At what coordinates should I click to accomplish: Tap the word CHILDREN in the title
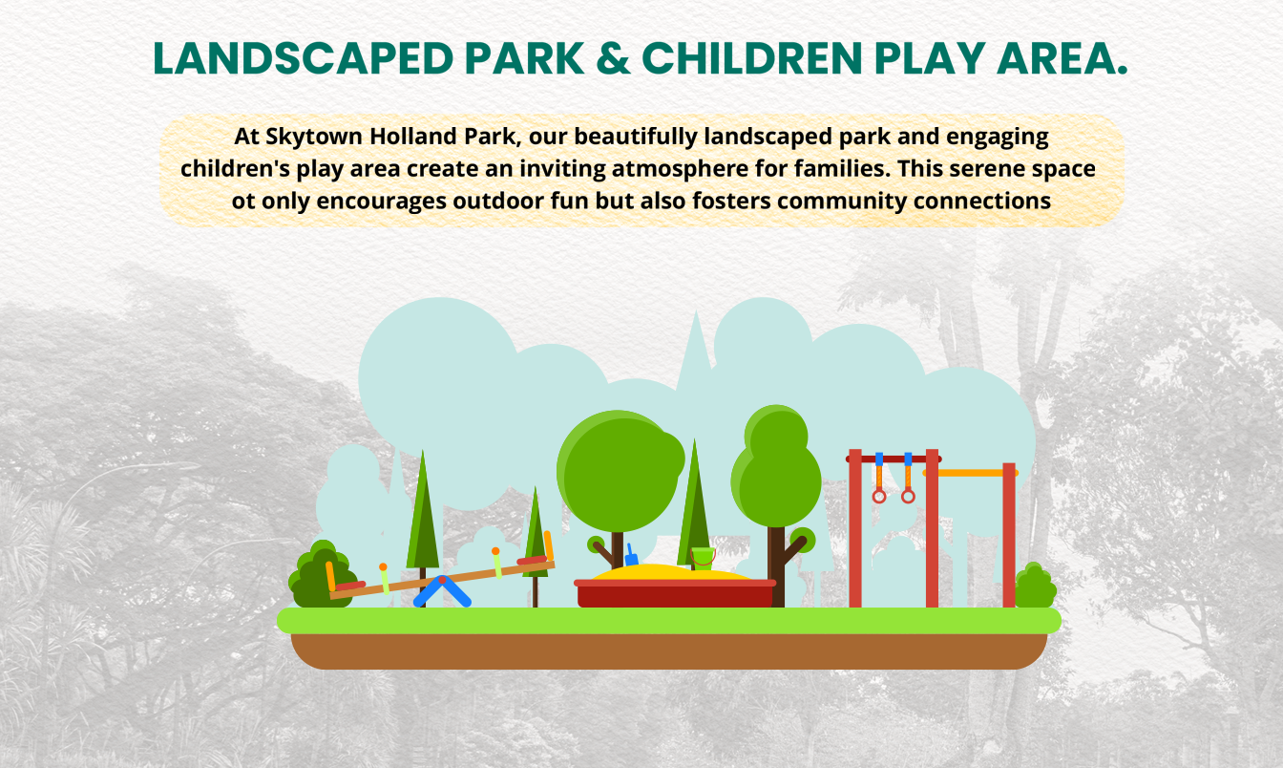[752, 58]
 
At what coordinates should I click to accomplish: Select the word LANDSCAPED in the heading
[303, 58]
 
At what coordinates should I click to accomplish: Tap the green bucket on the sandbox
[704, 558]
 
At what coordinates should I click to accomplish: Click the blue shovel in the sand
[631, 555]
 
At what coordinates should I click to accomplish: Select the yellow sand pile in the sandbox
[671, 572]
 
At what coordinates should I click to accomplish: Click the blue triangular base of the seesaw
[442, 592]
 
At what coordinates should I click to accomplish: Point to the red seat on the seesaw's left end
[350, 586]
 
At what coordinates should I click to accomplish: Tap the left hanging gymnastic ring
[879, 496]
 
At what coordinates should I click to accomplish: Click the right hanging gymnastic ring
[908, 496]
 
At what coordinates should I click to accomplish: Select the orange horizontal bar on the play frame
[970, 473]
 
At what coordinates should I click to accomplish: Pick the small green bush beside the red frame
[1036, 587]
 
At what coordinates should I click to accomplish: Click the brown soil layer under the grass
[669, 651]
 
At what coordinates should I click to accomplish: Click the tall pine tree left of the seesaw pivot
[423, 516]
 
